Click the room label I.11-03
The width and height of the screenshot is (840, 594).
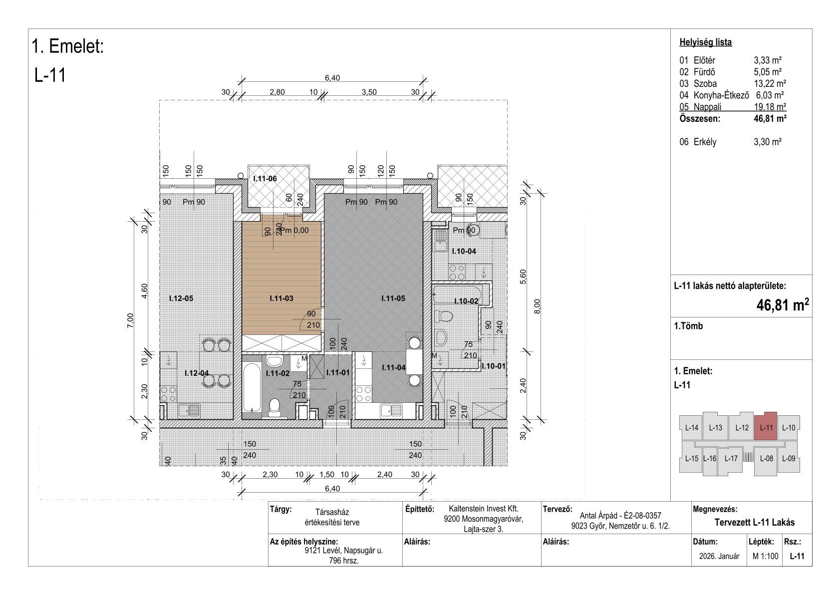point(281,298)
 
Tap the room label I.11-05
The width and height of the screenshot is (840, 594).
point(393,298)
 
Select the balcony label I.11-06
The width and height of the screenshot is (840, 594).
point(265,179)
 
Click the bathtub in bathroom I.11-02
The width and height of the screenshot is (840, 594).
point(252,387)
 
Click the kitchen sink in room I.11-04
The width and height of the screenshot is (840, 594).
point(391,411)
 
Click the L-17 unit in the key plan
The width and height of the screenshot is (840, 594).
point(731,458)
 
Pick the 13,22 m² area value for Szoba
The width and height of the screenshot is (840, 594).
point(770,84)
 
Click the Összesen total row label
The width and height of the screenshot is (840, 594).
point(700,119)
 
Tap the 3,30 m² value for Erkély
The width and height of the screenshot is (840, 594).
point(768,142)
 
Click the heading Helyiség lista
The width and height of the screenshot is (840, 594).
point(705,42)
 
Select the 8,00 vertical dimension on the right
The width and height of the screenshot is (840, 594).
point(537,306)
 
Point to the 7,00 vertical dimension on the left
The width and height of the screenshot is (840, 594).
point(130,320)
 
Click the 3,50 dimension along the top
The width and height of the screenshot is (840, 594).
point(369,92)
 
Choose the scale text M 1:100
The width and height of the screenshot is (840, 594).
point(765,556)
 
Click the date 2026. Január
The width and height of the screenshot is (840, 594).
point(719,556)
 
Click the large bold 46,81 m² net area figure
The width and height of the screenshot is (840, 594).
point(782,305)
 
